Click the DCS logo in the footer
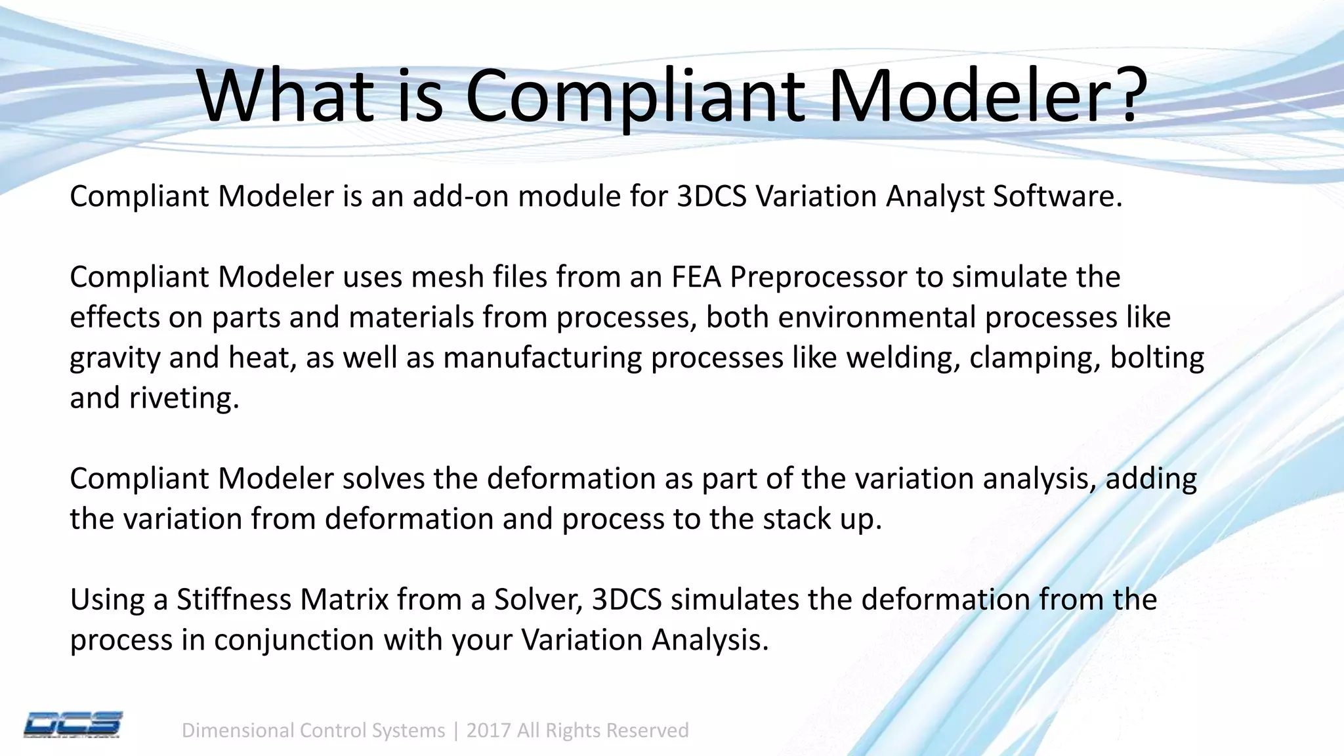(x=73, y=725)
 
